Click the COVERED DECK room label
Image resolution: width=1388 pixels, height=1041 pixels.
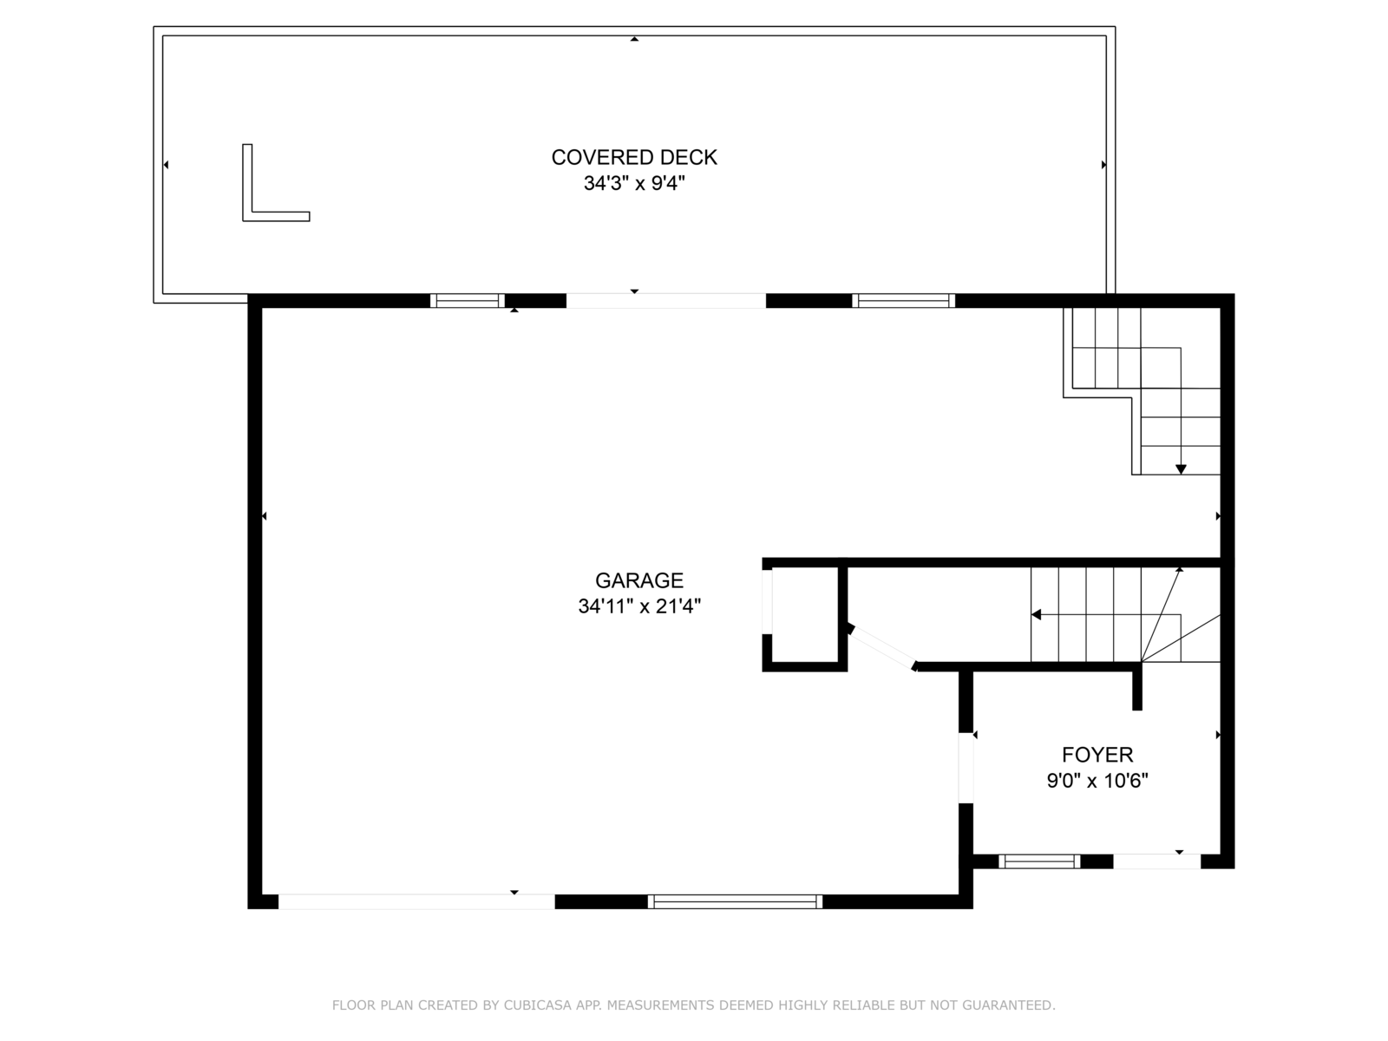(633, 157)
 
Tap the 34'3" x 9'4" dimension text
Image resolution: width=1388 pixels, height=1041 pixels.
(634, 183)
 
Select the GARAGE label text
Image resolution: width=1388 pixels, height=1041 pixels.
(639, 580)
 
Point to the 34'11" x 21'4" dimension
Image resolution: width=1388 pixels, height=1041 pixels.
(639, 606)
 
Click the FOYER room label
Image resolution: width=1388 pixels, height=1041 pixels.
(1097, 755)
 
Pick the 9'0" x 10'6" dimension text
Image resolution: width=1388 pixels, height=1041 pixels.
(1097, 781)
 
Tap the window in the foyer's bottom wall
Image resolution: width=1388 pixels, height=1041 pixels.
(1039, 861)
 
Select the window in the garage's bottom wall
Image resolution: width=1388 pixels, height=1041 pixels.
(735, 901)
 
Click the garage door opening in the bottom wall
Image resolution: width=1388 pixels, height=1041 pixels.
(416, 901)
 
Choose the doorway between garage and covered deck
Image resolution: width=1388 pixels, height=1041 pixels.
(666, 301)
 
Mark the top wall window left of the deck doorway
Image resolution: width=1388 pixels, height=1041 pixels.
(468, 301)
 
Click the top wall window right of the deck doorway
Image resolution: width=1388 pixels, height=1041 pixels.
(904, 301)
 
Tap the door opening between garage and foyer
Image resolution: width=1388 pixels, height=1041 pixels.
(966, 768)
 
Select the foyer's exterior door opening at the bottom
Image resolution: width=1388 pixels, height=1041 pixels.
(1156, 861)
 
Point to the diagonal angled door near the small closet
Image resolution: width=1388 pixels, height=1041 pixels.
(883, 647)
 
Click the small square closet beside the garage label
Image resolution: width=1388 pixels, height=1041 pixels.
(804, 615)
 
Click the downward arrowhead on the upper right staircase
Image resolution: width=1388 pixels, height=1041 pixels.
(1181, 469)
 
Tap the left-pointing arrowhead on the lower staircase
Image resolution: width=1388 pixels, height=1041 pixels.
(1036, 614)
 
